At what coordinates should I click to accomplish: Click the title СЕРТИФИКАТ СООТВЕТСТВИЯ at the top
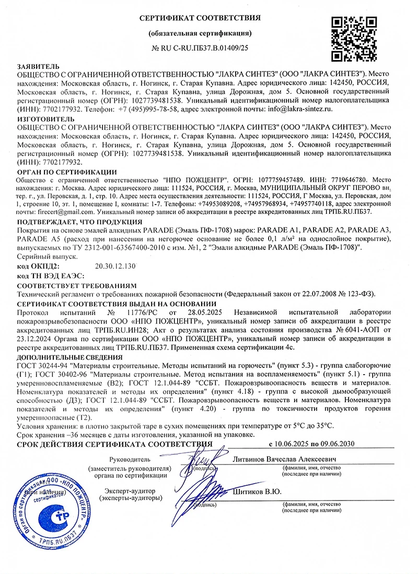pos(200,18)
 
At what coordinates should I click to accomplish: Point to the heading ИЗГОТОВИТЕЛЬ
pos(40,119)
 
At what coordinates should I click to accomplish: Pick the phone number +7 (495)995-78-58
pos(148,109)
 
